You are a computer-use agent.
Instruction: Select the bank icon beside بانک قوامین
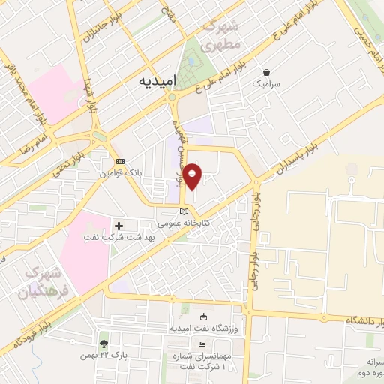pos(120,162)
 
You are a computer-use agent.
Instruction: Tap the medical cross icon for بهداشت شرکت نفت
pos(118,226)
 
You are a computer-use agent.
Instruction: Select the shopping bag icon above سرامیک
pos(267,72)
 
